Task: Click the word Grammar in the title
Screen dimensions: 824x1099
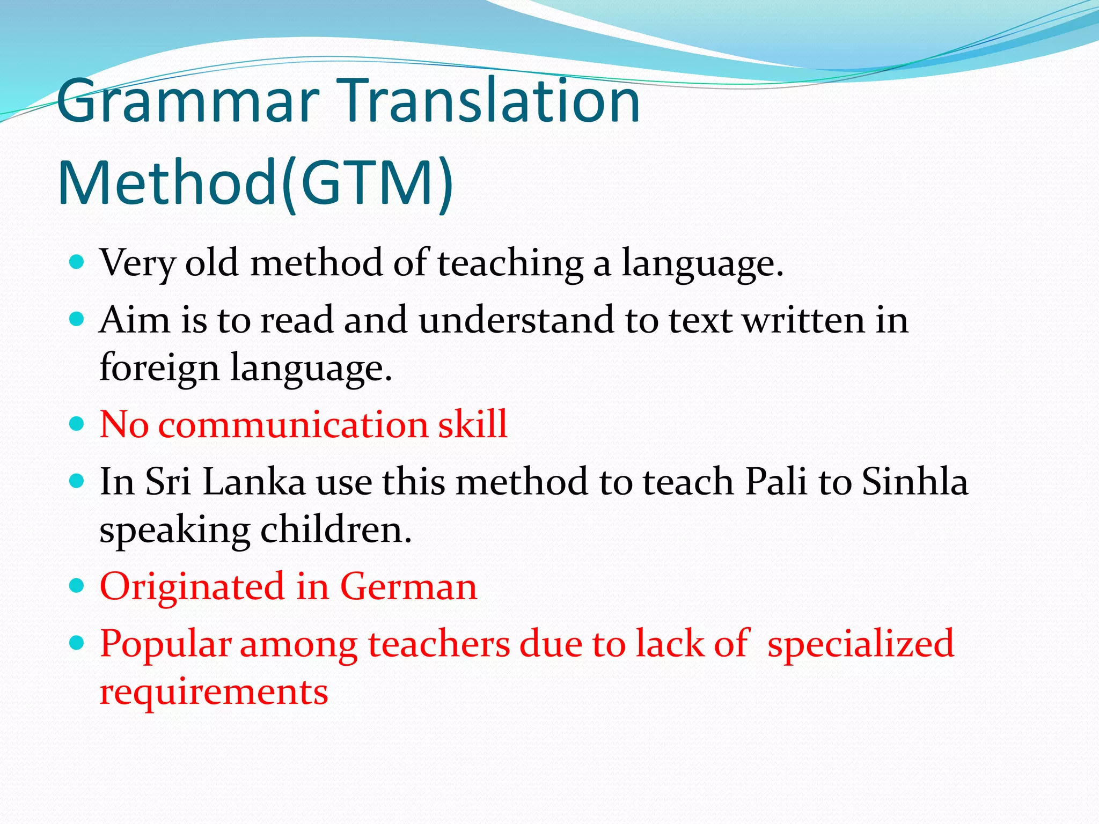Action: pos(188,102)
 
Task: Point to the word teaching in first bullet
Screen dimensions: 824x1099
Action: pos(510,264)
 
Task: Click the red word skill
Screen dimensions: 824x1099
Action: pos(472,424)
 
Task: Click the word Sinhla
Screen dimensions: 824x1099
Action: pos(915,482)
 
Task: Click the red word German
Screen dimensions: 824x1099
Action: pos(408,587)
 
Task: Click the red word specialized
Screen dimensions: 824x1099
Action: pos(860,644)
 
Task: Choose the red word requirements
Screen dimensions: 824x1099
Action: pos(214,692)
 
